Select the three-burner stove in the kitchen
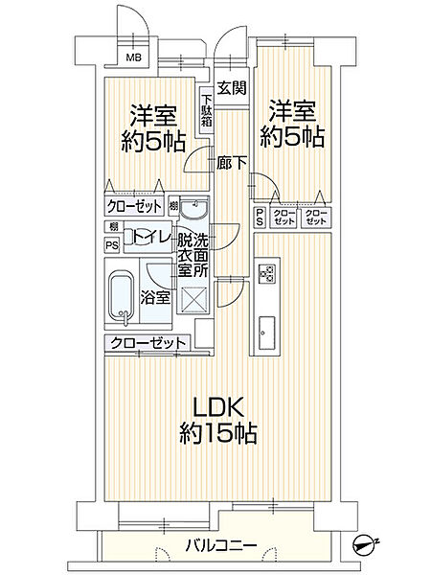267,275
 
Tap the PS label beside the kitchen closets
260,218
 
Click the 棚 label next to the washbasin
172,206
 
